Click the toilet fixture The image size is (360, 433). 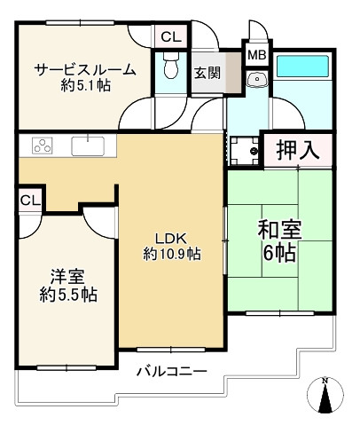click(171, 66)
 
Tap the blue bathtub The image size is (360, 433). click(302, 67)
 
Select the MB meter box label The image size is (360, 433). click(256, 55)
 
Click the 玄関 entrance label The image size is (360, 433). click(207, 73)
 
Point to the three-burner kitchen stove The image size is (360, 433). click(43, 146)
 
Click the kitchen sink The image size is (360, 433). click(88, 146)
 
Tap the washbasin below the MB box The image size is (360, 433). click(257, 79)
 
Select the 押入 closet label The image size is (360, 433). click(297, 150)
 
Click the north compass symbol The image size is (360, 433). click(325, 395)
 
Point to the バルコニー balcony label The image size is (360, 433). click(171, 371)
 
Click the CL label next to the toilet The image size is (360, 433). click(171, 37)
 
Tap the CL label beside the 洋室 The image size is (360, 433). click(30, 201)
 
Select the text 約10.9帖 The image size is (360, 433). click(172, 254)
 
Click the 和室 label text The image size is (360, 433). click(279, 231)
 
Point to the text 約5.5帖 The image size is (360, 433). click(68, 295)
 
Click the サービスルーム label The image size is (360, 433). click(85, 70)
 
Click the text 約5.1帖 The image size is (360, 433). click(86, 85)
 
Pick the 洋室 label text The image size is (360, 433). click(67, 277)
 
